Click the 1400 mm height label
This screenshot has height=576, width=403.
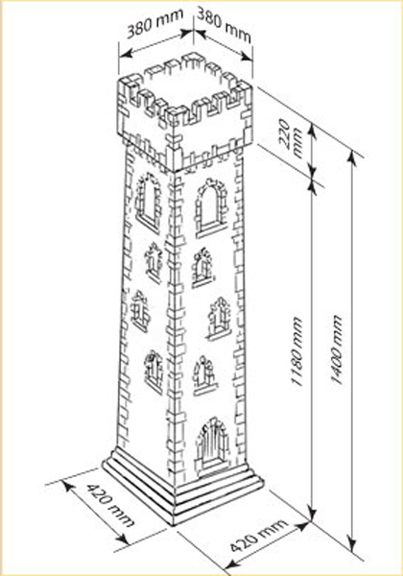click(337, 349)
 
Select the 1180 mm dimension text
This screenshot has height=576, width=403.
click(297, 352)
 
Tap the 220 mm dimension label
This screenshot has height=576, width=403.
click(292, 138)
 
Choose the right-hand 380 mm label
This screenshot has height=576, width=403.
click(225, 25)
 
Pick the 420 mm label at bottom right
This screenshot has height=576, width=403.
click(258, 536)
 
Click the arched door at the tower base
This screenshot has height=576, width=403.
click(212, 447)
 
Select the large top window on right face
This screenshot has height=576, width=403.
click(211, 208)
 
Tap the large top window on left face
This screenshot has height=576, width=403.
click(149, 203)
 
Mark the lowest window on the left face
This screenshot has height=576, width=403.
click(154, 372)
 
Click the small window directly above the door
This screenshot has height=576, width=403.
click(204, 375)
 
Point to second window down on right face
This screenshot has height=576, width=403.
click(202, 267)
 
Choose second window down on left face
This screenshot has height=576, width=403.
click(154, 263)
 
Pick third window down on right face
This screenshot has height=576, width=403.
click(220, 318)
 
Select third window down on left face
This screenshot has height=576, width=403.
click(140, 311)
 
